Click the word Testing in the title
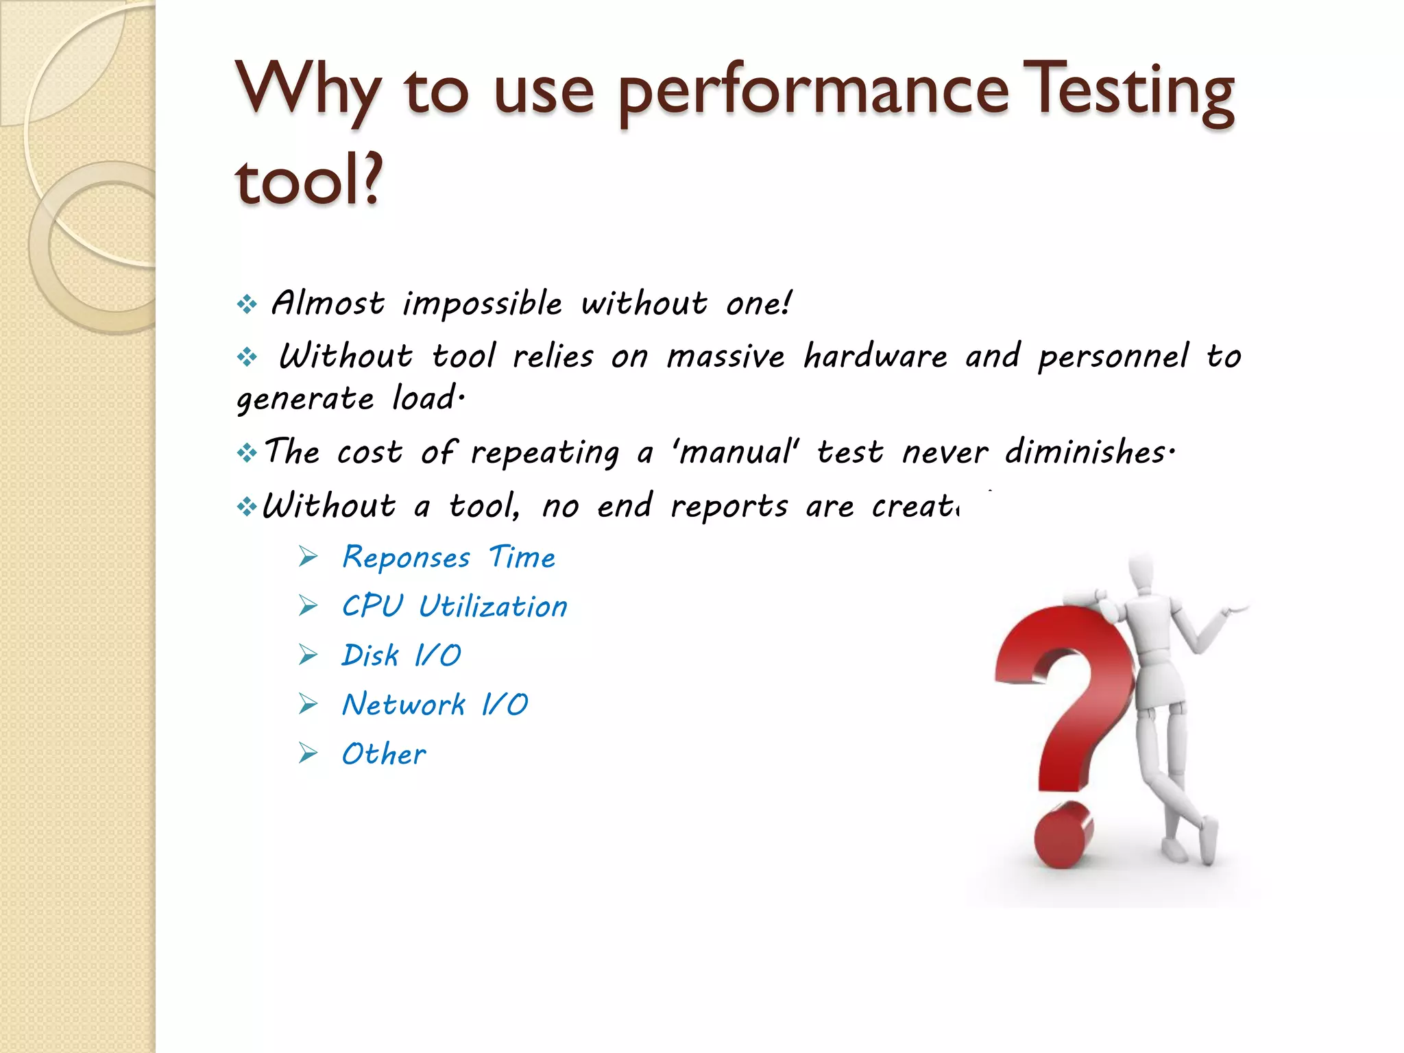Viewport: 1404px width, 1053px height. [1131, 93]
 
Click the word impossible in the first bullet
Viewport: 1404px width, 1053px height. [482, 304]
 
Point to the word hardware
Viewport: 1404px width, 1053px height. [875, 356]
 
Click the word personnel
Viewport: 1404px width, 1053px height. [1113, 356]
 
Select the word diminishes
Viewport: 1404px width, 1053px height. [1089, 452]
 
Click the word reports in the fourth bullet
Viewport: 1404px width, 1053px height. [728, 507]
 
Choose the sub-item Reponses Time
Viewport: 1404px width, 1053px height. [448, 557]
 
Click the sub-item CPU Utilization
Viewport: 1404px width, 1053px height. [455, 607]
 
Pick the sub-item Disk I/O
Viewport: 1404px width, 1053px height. [401, 655]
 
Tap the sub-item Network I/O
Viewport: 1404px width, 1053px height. [435, 705]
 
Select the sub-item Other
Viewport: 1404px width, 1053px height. [383, 754]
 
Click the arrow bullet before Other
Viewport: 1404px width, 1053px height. [308, 754]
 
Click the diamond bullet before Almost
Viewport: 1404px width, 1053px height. [246, 304]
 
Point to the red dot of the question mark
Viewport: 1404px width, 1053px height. [1063, 836]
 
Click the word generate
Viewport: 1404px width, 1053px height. [305, 399]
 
